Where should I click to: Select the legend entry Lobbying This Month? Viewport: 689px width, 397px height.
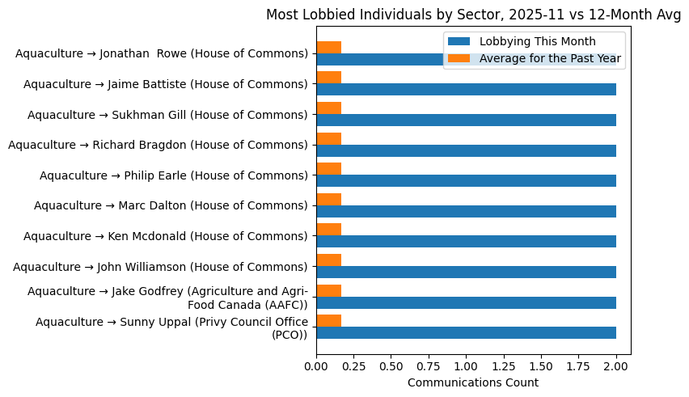coord(537,41)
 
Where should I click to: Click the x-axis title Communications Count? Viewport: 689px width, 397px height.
coord(473,382)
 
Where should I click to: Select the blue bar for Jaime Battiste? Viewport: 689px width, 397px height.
coord(466,90)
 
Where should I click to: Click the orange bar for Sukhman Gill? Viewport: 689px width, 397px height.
coord(328,108)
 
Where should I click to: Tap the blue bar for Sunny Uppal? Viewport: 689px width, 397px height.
coord(466,333)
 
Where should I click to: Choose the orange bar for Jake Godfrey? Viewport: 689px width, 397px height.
coord(328,290)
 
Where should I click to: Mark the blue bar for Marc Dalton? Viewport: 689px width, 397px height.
coord(466,211)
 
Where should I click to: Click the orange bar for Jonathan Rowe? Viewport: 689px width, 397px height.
coord(328,47)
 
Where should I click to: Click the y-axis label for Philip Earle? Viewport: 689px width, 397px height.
coord(174,175)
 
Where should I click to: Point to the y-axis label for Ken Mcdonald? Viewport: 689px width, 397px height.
coord(166,236)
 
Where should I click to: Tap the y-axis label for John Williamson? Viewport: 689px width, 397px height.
coord(161,267)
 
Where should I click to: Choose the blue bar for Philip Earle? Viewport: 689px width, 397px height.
coord(466,181)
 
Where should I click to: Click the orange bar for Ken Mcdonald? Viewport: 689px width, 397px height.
coord(328,230)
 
